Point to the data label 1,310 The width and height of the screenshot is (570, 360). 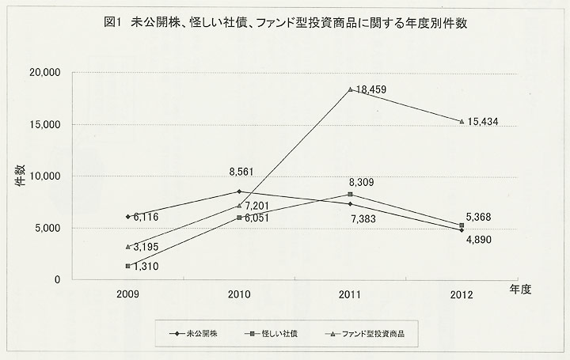[148, 267]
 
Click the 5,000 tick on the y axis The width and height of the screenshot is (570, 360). [47, 228]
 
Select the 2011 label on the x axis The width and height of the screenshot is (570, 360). [350, 294]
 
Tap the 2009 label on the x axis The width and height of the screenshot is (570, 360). [128, 294]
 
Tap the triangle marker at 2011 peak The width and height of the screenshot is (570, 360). [351, 89]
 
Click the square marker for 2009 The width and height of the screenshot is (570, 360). [128, 266]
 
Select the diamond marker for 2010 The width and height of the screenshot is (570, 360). [239, 191]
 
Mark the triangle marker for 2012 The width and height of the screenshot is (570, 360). [462, 121]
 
